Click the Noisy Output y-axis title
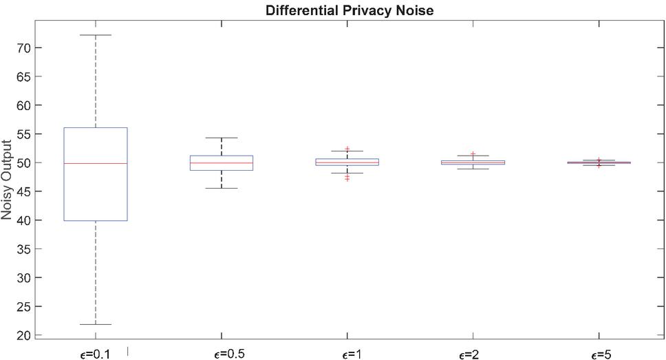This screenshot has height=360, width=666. point(8,180)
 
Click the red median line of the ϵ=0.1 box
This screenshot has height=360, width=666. point(95,163)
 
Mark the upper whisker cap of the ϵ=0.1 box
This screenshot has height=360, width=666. point(95,34)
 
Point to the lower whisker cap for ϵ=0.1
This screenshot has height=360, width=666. point(95,324)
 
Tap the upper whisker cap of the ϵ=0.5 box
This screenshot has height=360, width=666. point(222,138)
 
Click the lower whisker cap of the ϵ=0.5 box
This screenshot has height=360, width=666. point(222,188)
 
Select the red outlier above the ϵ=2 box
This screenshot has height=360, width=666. point(473,153)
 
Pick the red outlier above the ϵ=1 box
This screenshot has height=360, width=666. point(347,149)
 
